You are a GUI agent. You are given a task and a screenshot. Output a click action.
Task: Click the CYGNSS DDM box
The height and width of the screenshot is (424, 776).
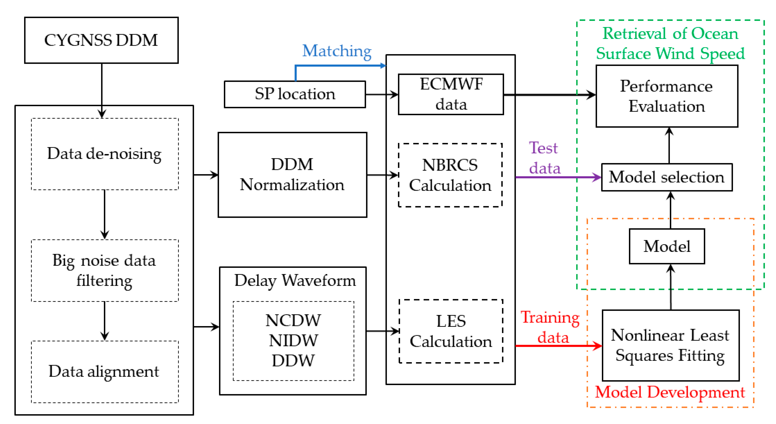pyautogui.click(x=101, y=40)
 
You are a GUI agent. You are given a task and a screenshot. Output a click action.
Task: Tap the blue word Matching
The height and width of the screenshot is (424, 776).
pyautogui.click(x=337, y=51)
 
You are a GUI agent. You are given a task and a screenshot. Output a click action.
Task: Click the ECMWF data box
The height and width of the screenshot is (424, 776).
pyautogui.click(x=451, y=94)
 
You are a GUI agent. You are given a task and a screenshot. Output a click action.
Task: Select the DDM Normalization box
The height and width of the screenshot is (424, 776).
pyautogui.click(x=292, y=175)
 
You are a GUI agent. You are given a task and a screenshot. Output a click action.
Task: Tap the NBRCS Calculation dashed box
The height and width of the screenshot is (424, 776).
pyautogui.click(x=450, y=175)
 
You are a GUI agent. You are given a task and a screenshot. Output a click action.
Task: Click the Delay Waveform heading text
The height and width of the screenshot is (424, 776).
pyautogui.click(x=295, y=281)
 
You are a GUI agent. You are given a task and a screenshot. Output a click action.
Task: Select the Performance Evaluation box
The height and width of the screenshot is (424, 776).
pyautogui.click(x=666, y=96)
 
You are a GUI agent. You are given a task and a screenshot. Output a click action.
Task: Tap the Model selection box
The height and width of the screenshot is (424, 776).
pyautogui.click(x=666, y=177)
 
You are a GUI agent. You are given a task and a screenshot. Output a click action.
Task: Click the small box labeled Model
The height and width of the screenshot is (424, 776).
pyautogui.click(x=666, y=246)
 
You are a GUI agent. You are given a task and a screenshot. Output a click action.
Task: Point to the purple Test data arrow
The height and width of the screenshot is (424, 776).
pyautogui.click(x=557, y=177)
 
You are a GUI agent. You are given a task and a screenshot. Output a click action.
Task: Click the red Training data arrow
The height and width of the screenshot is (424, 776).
pyautogui.click(x=557, y=346)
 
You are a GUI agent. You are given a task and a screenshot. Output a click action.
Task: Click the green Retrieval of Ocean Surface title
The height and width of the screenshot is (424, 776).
pyautogui.click(x=670, y=43)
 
